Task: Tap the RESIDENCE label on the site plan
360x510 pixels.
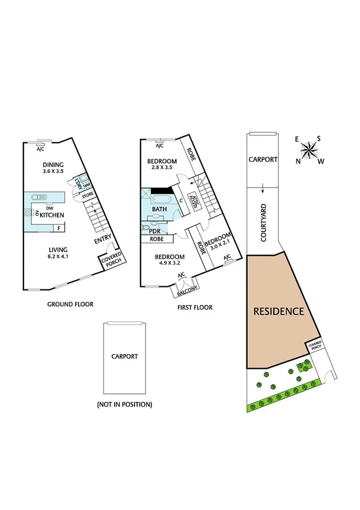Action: coord(278,312)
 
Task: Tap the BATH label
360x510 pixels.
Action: coord(159,209)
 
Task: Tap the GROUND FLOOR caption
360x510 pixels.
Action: coord(70,304)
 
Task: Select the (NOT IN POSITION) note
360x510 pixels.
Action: coord(124,405)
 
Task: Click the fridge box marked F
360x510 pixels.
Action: coord(58,229)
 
